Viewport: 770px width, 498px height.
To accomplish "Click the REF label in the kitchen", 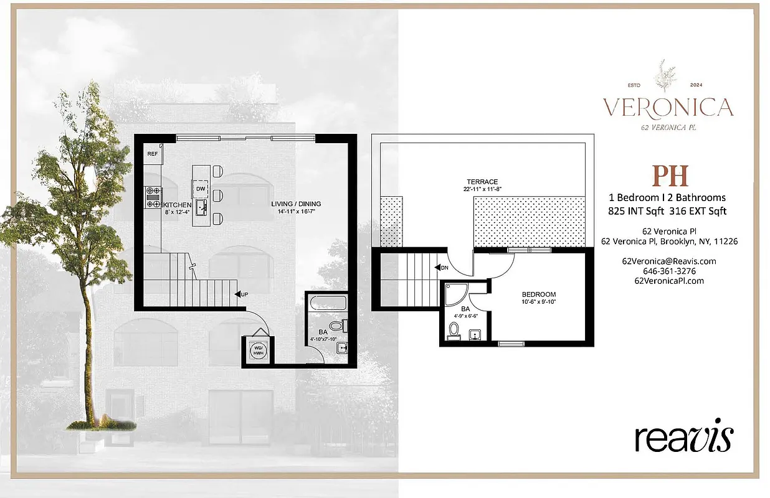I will tap(152, 153).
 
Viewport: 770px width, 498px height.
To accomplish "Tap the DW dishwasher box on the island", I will tap(201, 189).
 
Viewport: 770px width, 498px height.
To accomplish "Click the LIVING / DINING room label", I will tap(296, 204).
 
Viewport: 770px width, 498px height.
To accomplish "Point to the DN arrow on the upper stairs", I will tap(442, 267).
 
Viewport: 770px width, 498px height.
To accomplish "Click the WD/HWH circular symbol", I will tap(257, 352).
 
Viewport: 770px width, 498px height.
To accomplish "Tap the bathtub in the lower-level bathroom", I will tap(328, 304).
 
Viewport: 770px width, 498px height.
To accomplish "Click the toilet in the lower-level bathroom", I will tap(337, 326).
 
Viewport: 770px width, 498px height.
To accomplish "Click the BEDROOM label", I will tap(539, 294).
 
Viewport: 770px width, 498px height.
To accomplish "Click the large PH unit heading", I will tap(670, 176).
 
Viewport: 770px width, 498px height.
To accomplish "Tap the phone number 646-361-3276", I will tap(669, 271).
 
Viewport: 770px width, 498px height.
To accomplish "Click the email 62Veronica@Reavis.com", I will tap(669, 261).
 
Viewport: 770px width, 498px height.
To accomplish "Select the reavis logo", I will tap(683, 438).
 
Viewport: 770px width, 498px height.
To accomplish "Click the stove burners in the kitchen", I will tap(152, 197).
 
